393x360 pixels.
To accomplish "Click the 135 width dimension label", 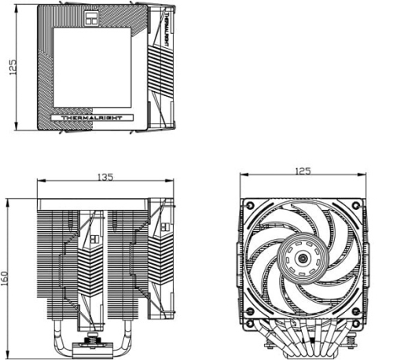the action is point(105,177).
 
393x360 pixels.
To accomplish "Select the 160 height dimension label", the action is point(5,278).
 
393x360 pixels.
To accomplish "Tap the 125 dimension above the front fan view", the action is point(303,171).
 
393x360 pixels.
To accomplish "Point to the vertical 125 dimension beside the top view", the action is point(13,68).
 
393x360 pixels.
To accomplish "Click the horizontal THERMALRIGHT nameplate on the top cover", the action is point(92,118).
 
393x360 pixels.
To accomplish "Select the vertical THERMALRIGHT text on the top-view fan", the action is point(166,28).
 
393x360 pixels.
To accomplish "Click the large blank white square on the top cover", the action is point(92,68).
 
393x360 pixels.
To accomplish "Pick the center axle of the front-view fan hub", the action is point(303,259).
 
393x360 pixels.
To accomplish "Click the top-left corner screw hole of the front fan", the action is point(250,204).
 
